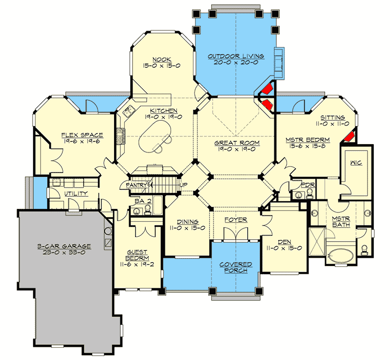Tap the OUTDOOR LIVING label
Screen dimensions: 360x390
tap(236, 57)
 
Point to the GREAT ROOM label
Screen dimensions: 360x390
tap(236, 143)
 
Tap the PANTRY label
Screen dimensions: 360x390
tap(137, 186)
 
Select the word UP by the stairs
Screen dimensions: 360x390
tap(183, 185)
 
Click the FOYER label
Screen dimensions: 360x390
tap(235, 220)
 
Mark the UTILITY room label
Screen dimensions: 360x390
tap(76, 193)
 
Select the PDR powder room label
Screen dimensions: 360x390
tap(307, 185)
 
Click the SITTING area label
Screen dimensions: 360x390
tap(333, 117)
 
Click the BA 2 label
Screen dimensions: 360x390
tap(141, 200)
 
